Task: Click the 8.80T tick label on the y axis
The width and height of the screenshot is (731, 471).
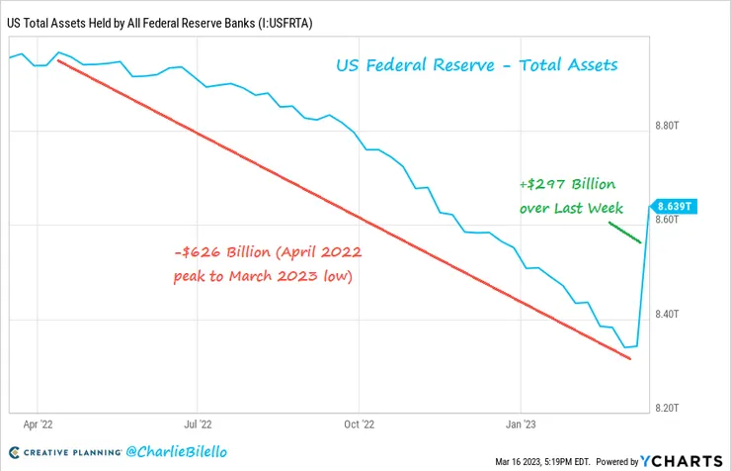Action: [669, 127]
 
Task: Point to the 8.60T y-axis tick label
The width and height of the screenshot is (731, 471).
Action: [669, 220]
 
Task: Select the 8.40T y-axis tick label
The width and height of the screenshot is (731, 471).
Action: [669, 315]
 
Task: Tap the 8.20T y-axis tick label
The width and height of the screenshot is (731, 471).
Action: [669, 408]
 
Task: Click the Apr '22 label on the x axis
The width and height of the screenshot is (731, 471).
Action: [37, 422]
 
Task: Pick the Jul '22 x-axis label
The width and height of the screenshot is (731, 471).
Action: [199, 422]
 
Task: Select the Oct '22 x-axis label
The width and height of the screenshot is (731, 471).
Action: [359, 422]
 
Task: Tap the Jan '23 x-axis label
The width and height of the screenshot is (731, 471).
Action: [521, 422]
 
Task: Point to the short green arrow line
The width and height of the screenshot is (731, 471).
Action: [624, 233]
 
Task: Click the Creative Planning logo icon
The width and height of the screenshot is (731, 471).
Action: [12, 452]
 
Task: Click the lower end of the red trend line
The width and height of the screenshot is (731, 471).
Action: [629, 358]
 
